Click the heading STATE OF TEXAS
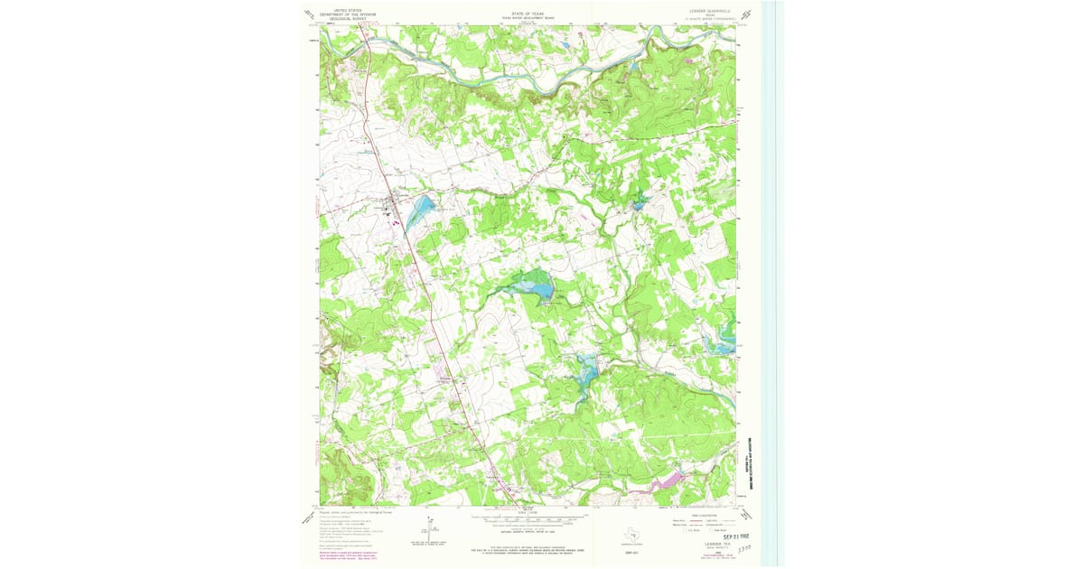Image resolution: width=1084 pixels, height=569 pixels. click(529, 15)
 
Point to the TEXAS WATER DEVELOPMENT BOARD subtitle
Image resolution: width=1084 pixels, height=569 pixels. click(529, 20)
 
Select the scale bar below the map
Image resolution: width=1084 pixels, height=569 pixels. click(528, 523)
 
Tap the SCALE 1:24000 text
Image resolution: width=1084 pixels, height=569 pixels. click(528, 512)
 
